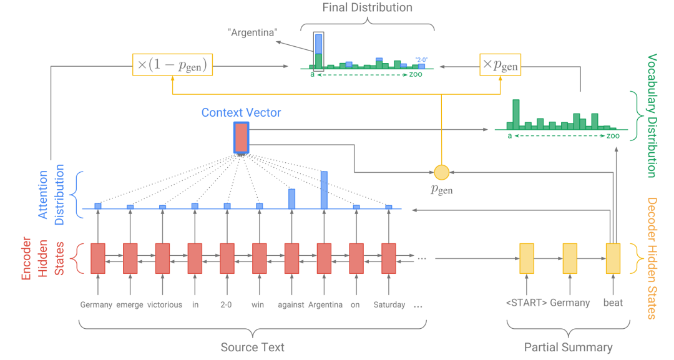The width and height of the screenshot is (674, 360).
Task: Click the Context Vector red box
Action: click(x=241, y=137)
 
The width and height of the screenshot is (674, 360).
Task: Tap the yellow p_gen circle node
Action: click(x=441, y=172)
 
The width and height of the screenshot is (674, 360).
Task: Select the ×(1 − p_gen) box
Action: click(x=172, y=65)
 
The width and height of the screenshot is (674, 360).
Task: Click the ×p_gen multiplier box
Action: click(x=500, y=65)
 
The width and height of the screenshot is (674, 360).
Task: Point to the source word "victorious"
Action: click(x=165, y=304)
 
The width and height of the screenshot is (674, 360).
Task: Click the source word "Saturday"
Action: click(x=389, y=304)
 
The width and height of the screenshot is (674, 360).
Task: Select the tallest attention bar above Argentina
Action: click(x=324, y=190)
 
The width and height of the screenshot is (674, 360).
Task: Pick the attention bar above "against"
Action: click(x=292, y=199)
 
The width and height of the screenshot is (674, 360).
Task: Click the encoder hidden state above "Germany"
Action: click(x=98, y=259)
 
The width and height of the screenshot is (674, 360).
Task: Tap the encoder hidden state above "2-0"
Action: click(x=227, y=259)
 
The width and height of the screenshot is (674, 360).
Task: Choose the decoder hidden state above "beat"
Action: click(x=613, y=259)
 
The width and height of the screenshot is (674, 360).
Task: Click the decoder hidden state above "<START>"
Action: click(x=527, y=259)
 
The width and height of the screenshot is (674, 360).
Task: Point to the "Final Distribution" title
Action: click(x=367, y=7)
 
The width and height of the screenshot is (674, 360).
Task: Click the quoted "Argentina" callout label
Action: click(x=253, y=32)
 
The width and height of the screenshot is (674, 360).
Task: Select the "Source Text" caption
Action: click(x=252, y=347)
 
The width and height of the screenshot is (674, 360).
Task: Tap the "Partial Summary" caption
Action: click(x=569, y=347)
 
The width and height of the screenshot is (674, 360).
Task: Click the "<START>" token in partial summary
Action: click(x=526, y=303)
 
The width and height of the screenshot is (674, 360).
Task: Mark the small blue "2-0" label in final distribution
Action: click(x=421, y=60)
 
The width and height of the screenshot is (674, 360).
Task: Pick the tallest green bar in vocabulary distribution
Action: click(x=516, y=114)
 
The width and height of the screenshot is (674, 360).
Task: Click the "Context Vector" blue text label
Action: click(x=241, y=112)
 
